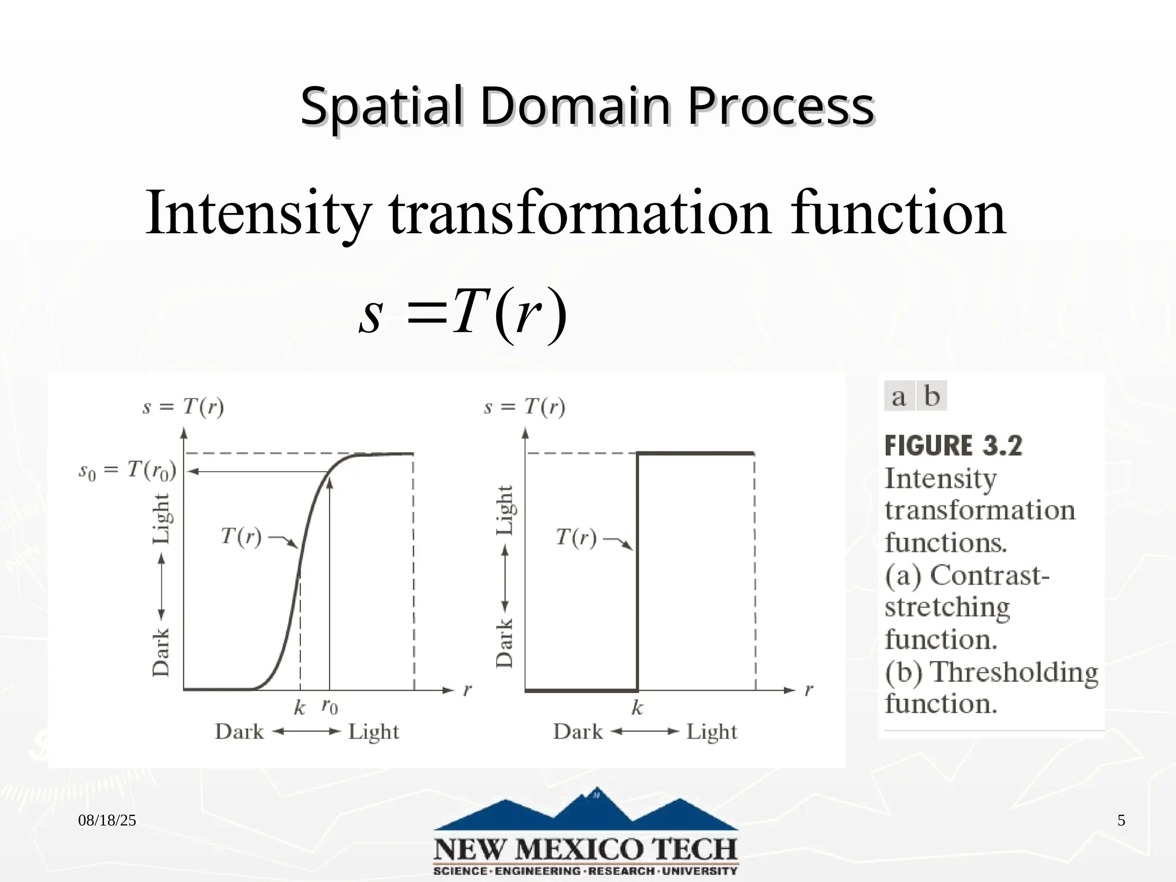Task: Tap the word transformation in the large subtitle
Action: [580, 214]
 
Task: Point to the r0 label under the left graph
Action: [330, 706]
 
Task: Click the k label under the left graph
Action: [299, 708]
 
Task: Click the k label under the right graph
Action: [637, 708]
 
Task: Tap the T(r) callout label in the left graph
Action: [241, 536]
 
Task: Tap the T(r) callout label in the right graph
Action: [576, 537]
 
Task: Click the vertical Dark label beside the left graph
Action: [161, 652]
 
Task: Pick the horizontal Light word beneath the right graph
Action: [711, 732]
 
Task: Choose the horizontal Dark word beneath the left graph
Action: [239, 732]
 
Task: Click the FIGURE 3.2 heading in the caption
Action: [953, 446]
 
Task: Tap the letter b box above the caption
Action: [931, 396]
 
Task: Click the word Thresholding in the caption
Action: [1013, 672]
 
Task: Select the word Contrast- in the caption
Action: [989, 575]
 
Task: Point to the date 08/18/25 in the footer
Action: [107, 821]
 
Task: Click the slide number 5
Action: [1121, 821]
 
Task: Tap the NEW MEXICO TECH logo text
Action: [585, 849]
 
